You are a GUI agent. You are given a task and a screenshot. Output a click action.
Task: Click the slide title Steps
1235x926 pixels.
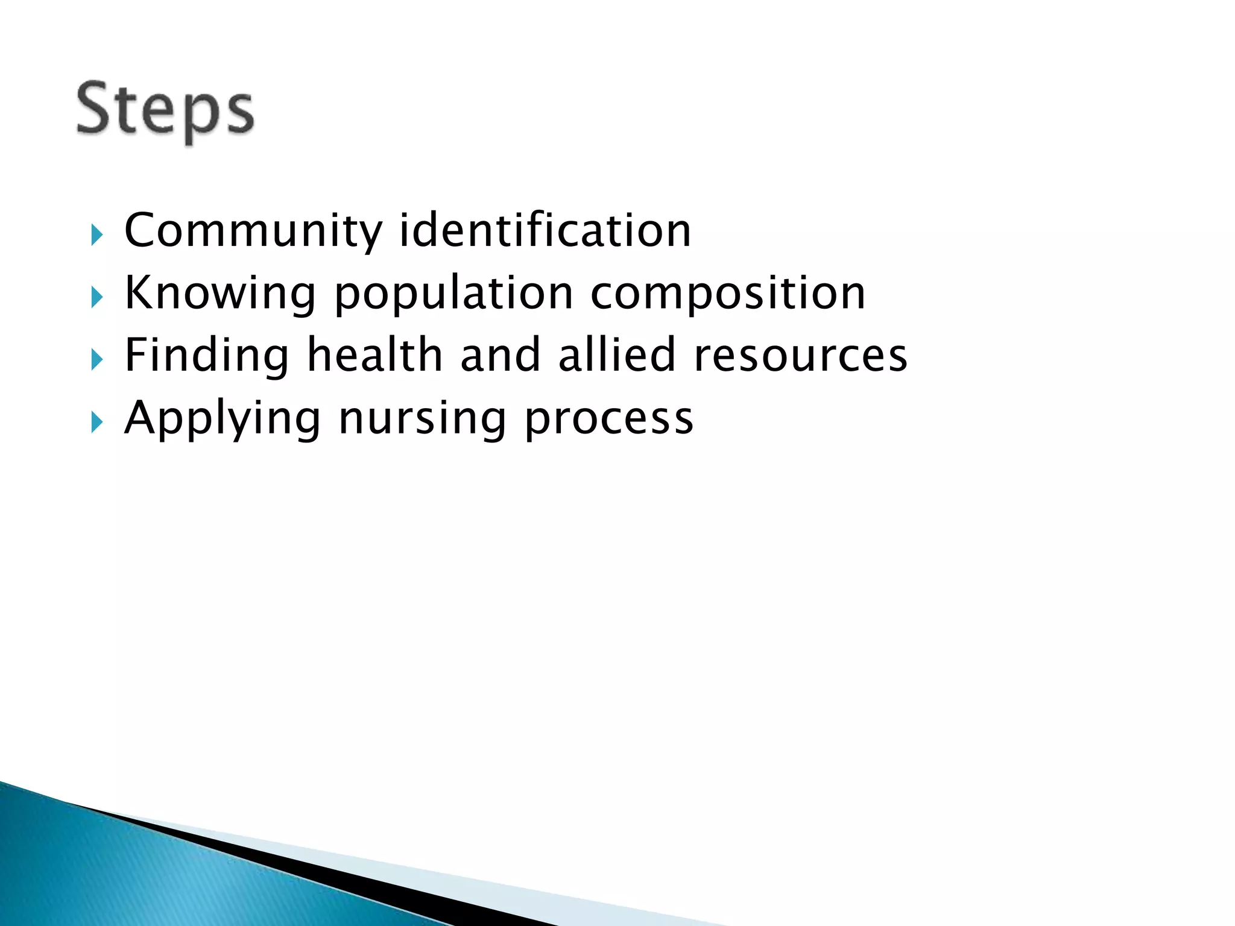pyautogui.click(x=165, y=110)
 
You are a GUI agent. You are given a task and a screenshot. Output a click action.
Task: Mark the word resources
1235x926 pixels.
pyautogui.click(x=800, y=356)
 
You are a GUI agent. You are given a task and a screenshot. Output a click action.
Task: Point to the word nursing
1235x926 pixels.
pyautogui.click(x=422, y=418)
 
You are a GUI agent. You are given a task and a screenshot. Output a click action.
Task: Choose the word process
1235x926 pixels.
pyautogui.click(x=609, y=418)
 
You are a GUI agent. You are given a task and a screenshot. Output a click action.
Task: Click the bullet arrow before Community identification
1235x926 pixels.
pyautogui.click(x=97, y=235)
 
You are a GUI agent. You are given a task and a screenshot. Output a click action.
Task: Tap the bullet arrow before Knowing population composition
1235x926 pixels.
pyautogui.click(x=97, y=297)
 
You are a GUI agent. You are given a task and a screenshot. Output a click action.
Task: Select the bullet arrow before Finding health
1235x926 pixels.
pyautogui.click(x=97, y=360)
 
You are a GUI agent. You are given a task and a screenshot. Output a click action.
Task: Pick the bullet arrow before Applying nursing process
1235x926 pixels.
pyautogui.click(x=97, y=423)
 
